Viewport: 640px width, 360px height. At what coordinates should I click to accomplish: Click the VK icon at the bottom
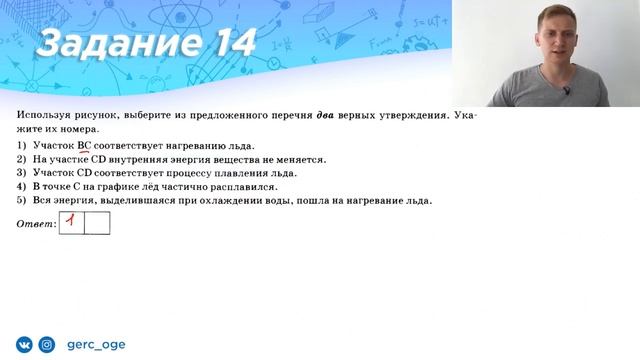(x=23, y=345)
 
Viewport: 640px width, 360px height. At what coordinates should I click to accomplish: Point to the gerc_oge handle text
(x=95, y=345)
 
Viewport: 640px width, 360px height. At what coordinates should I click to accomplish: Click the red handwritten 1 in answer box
(x=72, y=221)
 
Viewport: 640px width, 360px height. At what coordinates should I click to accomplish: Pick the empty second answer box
(x=97, y=222)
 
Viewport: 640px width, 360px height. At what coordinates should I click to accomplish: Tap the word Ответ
(x=36, y=223)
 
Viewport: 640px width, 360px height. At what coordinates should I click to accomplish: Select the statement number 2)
(x=22, y=159)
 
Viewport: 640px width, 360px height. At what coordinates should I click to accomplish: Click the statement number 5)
(x=22, y=200)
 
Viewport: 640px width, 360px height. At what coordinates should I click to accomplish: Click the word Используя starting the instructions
(x=44, y=116)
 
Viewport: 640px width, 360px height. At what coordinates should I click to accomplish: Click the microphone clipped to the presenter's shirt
(x=565, y=92)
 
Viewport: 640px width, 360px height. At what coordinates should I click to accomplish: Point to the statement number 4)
(x=22, y=186)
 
